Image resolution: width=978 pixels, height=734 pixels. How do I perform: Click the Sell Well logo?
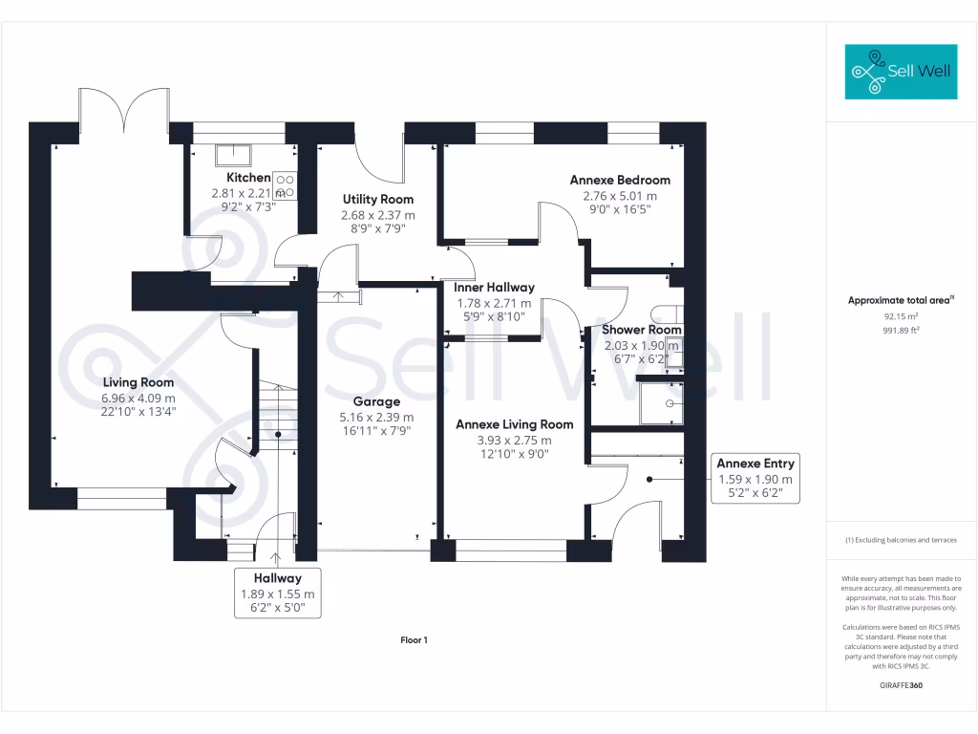pos(901,71)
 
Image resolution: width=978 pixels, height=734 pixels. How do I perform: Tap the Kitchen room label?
pos(248,178)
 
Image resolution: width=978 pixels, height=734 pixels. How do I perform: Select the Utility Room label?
pos(378,199)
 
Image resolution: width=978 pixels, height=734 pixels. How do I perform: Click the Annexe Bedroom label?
pos(620,180)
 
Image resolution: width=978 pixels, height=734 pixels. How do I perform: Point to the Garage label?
pos(376,401)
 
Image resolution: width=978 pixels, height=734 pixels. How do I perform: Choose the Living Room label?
pos(138,381)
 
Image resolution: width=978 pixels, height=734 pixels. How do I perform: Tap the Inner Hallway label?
pos(494,287)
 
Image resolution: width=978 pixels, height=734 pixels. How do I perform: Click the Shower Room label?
pos(641,330)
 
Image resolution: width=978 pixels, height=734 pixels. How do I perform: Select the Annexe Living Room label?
pos(514,424)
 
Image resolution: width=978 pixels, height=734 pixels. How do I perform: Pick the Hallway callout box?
pos(277,593)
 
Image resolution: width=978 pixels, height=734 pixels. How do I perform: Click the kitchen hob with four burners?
pos(286,185)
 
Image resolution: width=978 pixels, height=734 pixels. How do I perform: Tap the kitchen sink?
pos(231,155)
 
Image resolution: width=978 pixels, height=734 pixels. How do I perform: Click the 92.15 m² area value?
pos(901,314)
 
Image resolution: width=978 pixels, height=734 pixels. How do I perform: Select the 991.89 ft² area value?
pos(901,328)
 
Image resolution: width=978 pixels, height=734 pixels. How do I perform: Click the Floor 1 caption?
pos(414,640)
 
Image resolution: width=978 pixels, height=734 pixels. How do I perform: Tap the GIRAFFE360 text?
pos(901,685)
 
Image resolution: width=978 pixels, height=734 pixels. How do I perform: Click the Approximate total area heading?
pos(901,300)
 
